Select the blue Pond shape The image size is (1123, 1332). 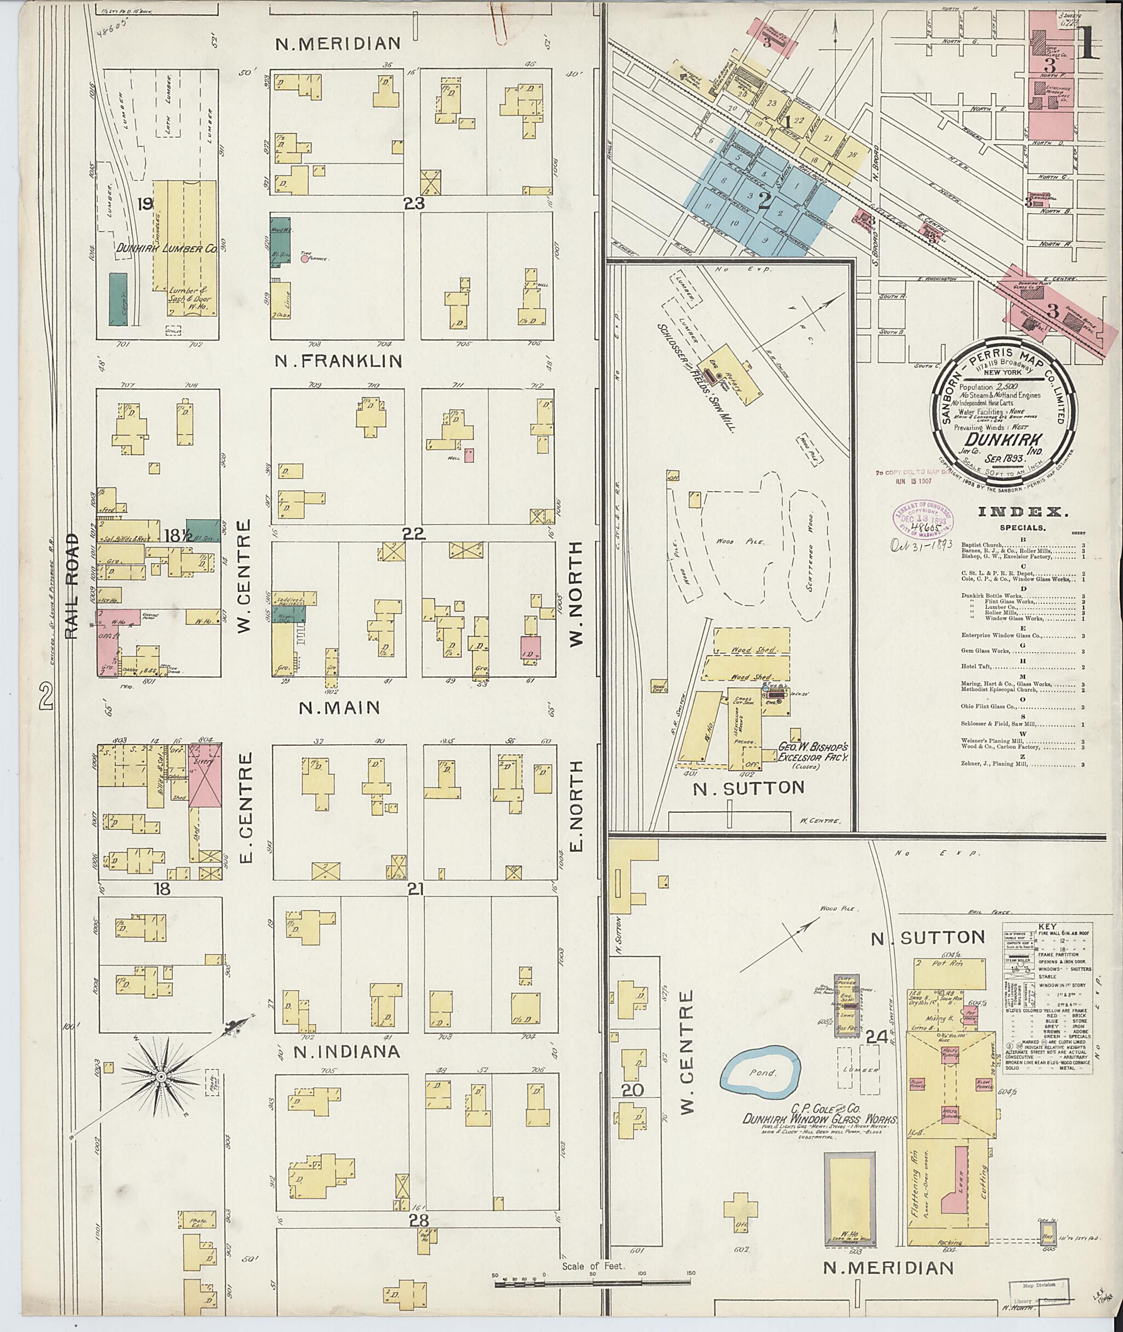(763, 1072)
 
